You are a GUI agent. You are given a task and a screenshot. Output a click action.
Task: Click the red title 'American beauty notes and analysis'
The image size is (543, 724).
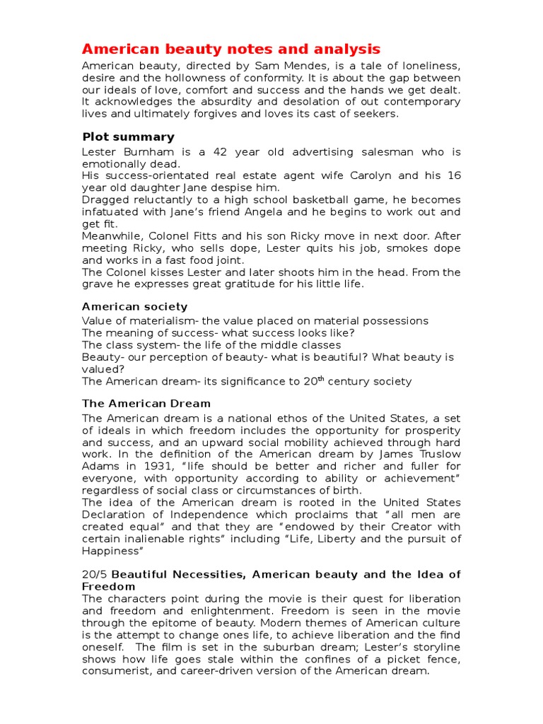(x=231, y=49)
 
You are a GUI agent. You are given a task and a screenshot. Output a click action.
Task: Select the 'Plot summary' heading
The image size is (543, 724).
(x=128, y=136)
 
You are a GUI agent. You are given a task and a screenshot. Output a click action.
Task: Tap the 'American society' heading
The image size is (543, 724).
(x=134, y=306)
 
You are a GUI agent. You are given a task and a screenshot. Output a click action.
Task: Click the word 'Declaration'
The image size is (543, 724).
(x=115, y=515)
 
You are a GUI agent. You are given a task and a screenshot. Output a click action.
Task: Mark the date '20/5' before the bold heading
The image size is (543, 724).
(x=95, y=574)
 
